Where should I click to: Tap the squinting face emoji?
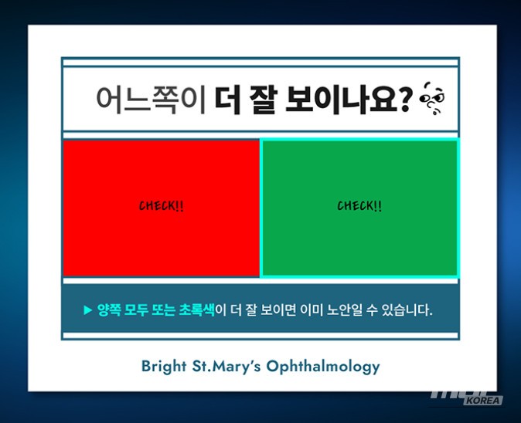click(432, 100)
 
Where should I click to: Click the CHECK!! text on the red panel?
click(162, 206)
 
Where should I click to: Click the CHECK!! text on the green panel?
click(359, 206)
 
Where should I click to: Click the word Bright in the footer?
click(164, 366)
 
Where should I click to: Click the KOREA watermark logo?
click(482, 400)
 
